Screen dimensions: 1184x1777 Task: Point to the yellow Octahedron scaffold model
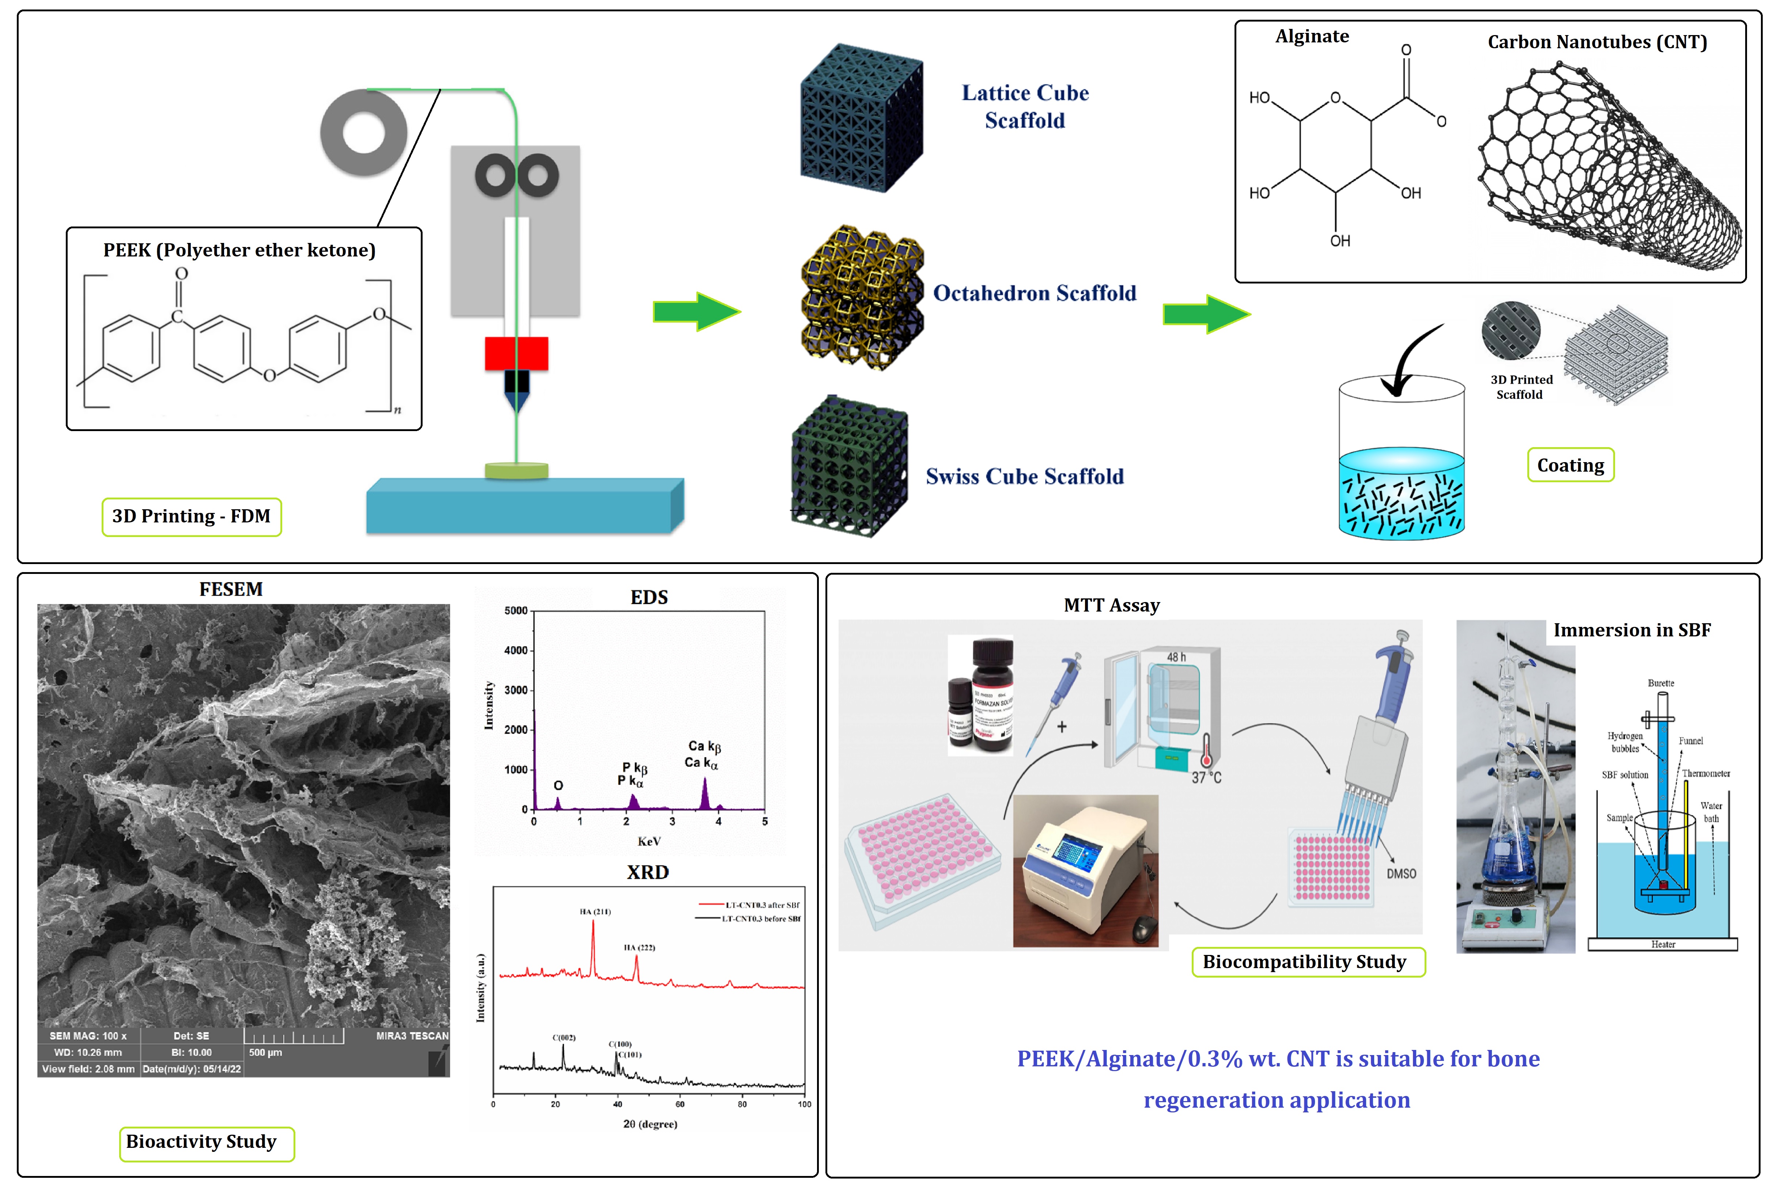coord(861,297)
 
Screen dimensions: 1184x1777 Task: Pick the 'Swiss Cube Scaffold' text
coord(1025,476)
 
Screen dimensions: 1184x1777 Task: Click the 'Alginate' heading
coord(1312,36)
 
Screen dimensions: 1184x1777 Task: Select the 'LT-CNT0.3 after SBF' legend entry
coord(761,905)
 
